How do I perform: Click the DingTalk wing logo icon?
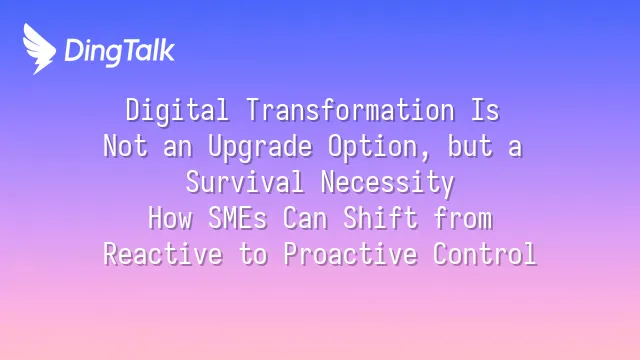coord(39,49)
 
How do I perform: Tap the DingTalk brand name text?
coord(120,52)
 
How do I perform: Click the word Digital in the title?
coord(177,110)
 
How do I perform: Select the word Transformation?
coord(351,109)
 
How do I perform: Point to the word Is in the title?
coord(485,109)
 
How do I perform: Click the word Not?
coord(125,145)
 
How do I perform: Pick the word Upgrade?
coord(260,147)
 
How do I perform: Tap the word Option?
coord(373,147)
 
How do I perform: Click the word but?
coord(470,145)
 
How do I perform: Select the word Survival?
coord(245,182)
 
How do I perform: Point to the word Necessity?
coord(387,183)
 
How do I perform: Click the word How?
coord(170,218)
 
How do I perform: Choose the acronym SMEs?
coord(238,218)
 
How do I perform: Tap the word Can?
coord(305,218)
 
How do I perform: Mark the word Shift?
coord(380,218)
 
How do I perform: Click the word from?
coord(463,218)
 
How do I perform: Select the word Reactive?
coord(163,253)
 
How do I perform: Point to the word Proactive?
coord(350,253)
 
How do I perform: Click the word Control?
coord(484,253)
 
